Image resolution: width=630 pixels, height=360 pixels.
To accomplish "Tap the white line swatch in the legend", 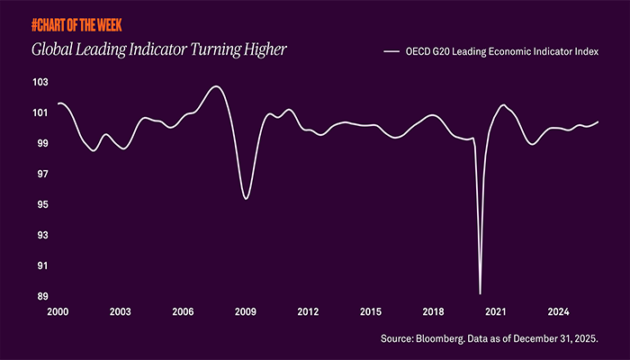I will tap(391, 51).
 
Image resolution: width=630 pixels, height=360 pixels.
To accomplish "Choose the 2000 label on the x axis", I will tap(58, 311).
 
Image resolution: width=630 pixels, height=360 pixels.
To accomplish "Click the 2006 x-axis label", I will tap(183, 311).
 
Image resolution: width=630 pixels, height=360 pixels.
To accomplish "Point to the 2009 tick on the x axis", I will tap(246, 311).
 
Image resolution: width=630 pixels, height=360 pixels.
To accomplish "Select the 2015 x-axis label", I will tap(371, 311).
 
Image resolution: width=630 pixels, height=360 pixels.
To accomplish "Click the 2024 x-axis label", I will tap(559, 311).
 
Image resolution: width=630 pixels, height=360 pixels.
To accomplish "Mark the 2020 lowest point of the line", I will tap(481, 293).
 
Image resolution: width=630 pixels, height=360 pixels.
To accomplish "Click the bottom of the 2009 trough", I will tap(247, 199).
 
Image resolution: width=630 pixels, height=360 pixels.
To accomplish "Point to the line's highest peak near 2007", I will tap(215, 86).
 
